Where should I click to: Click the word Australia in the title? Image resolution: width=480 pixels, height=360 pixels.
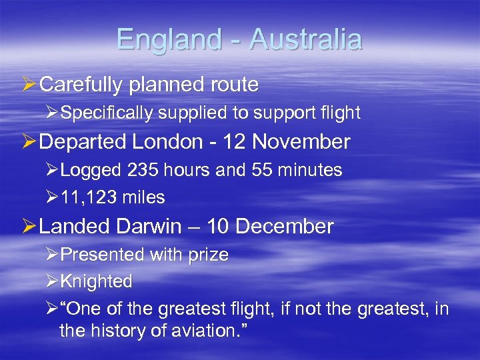[305, 39]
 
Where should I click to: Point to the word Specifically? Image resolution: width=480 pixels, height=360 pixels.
[106, 113]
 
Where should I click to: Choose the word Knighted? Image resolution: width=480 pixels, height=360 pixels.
[96, 282]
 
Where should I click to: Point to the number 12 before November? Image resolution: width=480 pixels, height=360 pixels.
[233, 142]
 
